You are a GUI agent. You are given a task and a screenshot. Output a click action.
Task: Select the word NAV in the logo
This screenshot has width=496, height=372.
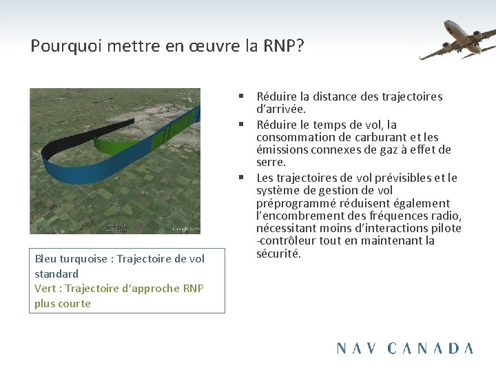coord(358,348)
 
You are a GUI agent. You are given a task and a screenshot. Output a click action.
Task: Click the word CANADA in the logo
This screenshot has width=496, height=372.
coord(431,348)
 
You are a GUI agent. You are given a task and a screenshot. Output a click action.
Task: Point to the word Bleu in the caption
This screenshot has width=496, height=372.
coord(46,259)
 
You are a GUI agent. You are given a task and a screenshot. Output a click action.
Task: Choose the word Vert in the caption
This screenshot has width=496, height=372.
coord(45,289)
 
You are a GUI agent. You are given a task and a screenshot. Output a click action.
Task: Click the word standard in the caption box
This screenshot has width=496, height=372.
coord(56,273)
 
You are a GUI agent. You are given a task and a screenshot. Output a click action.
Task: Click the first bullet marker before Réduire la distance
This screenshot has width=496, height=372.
coord(243,96)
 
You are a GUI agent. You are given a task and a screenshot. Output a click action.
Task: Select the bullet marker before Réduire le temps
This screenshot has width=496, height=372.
coord(243,125)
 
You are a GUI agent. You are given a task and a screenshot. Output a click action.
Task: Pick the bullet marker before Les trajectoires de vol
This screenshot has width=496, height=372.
coord(243,178)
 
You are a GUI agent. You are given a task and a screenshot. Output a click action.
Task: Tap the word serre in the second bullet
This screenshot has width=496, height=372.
coord(269,163)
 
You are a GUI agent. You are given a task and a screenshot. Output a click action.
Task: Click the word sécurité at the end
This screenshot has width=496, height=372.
coord(278,254)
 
